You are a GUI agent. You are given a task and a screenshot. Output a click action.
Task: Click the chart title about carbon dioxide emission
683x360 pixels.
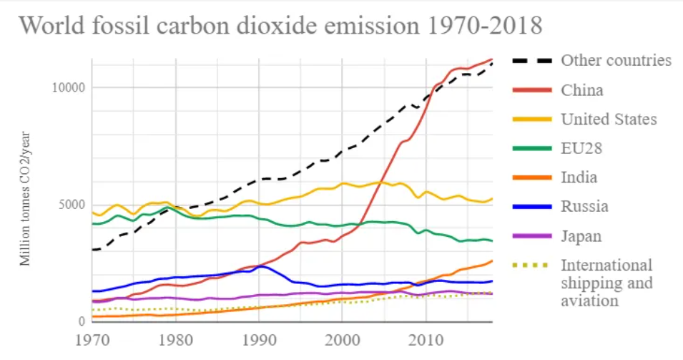(280, 26)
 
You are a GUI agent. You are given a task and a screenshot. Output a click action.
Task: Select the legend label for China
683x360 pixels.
(581, 90)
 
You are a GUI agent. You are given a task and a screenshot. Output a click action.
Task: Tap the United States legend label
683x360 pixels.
(609, 119)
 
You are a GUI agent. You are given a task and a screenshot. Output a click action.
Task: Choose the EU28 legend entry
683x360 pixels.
(581, 148)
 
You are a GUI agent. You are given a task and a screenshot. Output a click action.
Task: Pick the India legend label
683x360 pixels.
(579, 177)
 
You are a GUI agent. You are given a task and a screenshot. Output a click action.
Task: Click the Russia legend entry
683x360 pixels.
(584, 206)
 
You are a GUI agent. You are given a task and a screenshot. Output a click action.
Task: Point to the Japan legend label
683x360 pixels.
(581, 235)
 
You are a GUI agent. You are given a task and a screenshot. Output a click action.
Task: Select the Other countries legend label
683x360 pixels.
(616, 60)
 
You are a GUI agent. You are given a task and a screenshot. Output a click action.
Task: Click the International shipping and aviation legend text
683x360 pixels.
(606, 283)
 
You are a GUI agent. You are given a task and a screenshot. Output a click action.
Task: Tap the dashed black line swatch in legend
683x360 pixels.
(531, 60)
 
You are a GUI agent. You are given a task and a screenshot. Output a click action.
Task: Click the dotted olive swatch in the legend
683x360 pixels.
(531, 265)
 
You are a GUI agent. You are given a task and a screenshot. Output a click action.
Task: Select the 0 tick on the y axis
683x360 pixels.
(80, 321)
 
